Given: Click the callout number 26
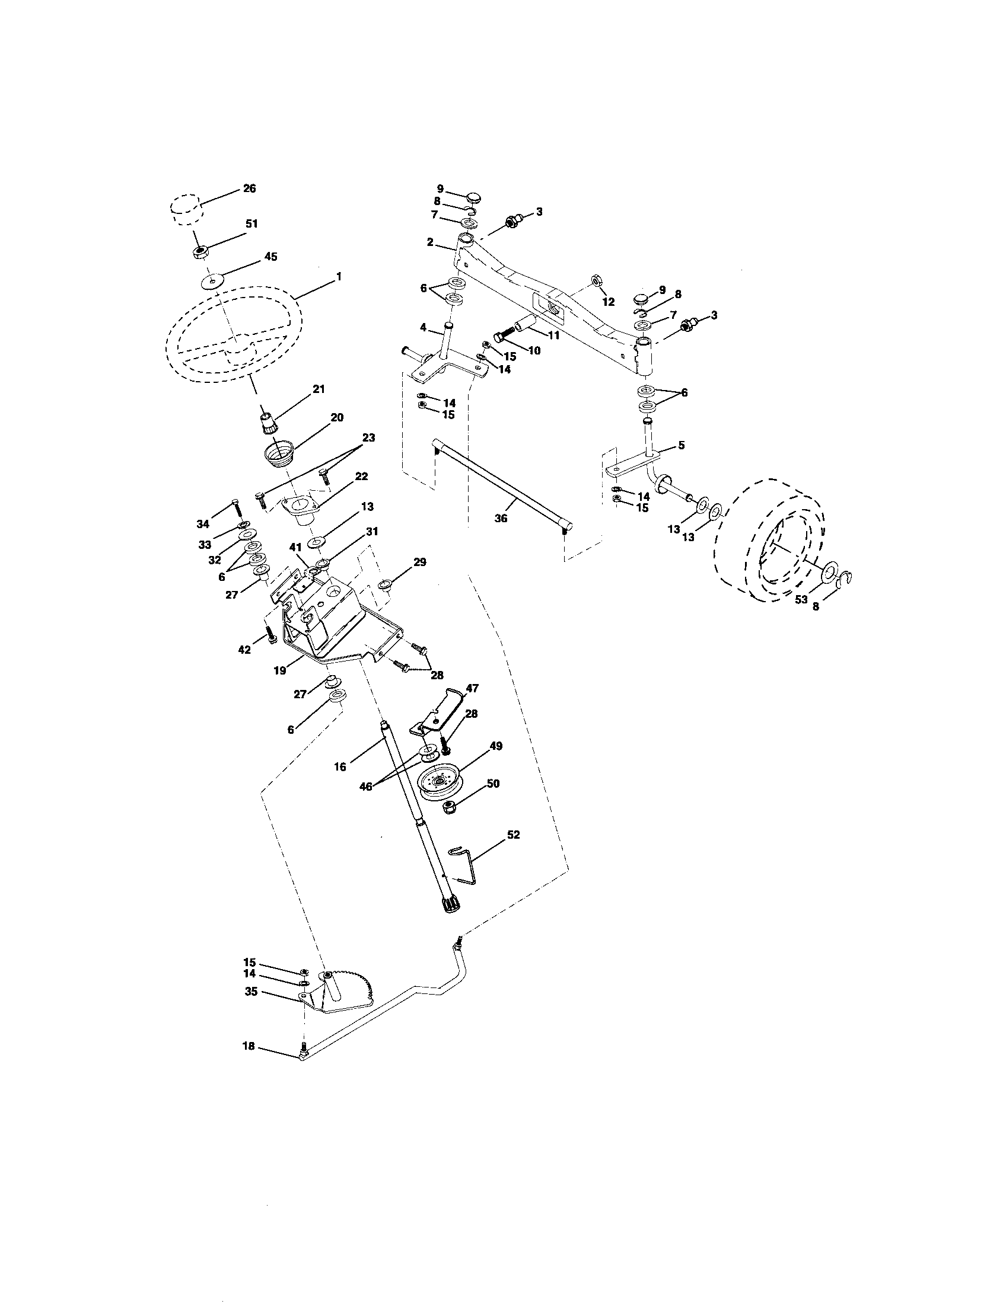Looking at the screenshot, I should (x=249, y=188).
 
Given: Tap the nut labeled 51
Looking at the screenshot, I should (x=200, y=251).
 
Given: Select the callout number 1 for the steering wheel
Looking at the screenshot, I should (x=339, y=276).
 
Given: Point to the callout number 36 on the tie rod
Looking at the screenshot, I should (x=501, y=518).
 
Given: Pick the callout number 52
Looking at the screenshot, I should (x=513, y=835).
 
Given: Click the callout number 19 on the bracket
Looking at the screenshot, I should (x=279, y=670).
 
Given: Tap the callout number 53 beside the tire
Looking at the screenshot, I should (x=801, y=599).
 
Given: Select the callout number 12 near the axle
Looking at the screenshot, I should (x=608, y=302).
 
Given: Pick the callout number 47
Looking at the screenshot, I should (x=472, y=688).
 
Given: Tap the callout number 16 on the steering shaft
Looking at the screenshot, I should (x=340, y=767).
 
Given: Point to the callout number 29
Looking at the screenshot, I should (x=420, y=562).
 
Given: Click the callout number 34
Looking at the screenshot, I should (x=203, y=524).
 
